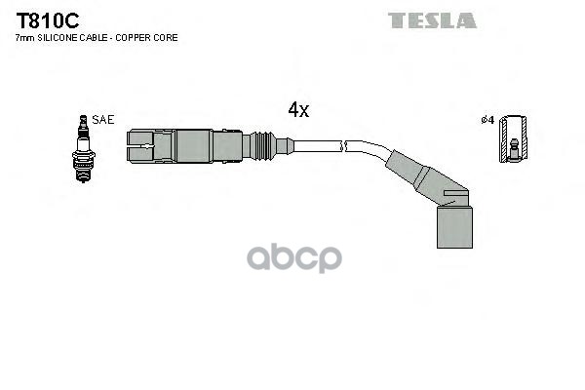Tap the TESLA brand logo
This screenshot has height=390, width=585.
tap(432, 20)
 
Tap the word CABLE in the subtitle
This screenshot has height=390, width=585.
tap(97, 37)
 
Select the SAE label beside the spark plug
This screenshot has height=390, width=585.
tap(104, 119)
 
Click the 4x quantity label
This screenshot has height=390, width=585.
tap(298, 110)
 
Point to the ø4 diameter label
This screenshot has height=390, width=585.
tap(487, 120)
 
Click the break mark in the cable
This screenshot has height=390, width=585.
tap(342, 147)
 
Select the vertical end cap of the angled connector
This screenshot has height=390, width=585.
tap(452, 224)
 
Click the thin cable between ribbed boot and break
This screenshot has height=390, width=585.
tap(314, 147)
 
